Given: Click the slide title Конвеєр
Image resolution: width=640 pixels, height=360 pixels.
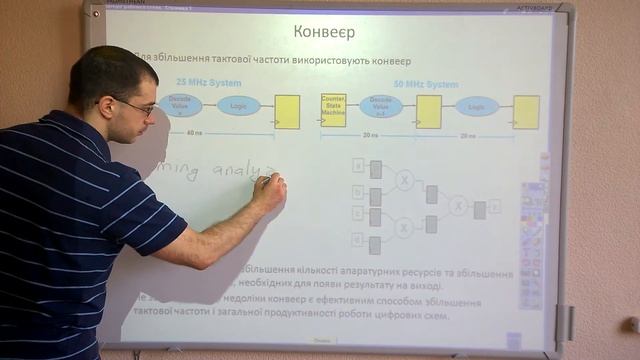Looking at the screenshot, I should (x=326, y=32).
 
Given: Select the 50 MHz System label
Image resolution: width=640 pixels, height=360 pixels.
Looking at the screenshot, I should (x=426, y=84).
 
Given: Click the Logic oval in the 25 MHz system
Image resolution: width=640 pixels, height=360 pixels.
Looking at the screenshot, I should (x=238, y=106).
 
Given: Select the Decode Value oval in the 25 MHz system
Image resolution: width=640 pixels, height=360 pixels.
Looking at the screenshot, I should (x=181, y=105).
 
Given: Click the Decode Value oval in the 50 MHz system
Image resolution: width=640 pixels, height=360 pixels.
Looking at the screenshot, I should (x=381, y=106).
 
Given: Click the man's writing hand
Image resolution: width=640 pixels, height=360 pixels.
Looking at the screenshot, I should (x=268, y=189).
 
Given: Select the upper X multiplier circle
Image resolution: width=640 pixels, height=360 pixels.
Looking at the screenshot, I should (x=404, y=180).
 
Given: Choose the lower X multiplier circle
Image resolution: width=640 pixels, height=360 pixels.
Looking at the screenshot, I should (x=404, y=228).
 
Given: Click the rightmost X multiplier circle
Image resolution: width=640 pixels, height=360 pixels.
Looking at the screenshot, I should (x=457, y=206).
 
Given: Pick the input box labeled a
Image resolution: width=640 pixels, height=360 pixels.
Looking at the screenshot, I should (x=357, y=165).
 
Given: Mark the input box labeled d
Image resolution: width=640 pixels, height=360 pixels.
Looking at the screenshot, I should (x=357, y=239).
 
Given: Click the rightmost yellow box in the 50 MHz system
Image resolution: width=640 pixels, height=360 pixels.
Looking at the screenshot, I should (x=525, y=110).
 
